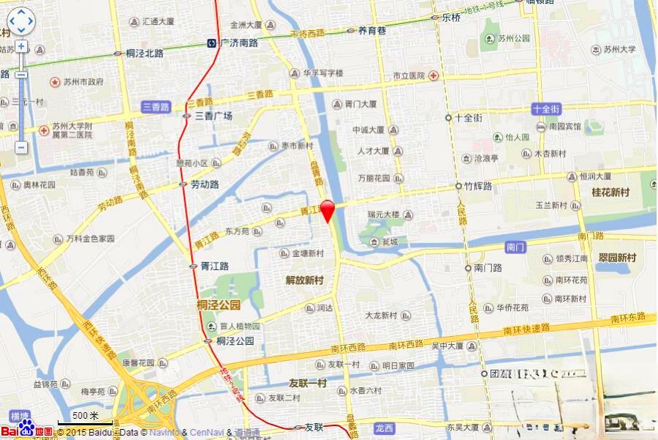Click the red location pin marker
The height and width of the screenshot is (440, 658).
[328, 209]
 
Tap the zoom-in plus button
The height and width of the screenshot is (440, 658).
[21, 46]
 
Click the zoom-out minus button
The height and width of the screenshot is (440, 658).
[21, 147]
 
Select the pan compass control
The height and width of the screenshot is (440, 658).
[20, 20]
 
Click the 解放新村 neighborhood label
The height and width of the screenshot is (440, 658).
[304, 280]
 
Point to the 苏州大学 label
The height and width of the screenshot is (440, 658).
[619, 50]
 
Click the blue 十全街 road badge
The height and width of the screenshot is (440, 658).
[546, 108]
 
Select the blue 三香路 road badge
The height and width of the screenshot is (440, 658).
[156, 106]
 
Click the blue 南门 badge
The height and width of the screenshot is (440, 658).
[515, 247]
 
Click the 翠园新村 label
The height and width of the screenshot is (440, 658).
[617, 258]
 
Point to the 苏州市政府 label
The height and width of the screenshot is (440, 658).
[83, 82]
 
